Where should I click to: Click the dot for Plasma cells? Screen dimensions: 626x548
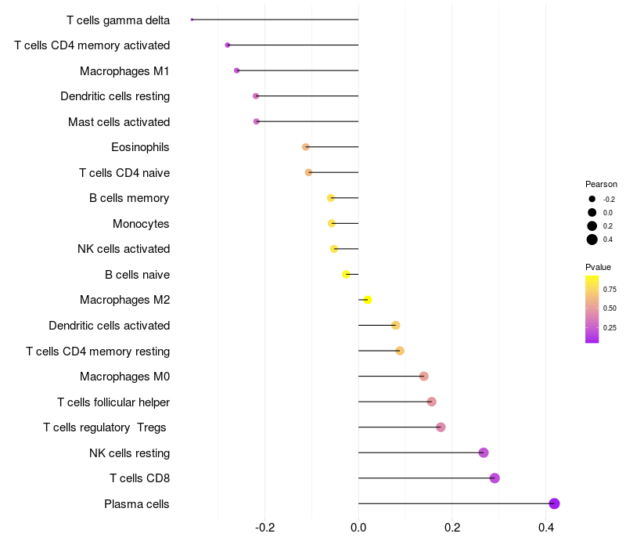point(554,503)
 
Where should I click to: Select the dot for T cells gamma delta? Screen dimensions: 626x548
point(192,20)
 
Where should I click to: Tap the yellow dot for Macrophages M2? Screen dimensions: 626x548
point(368,300)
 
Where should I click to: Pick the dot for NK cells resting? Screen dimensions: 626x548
point(484,452)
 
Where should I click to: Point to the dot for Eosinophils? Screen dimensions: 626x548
point(306,147)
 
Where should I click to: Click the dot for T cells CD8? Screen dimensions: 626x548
point(495,478)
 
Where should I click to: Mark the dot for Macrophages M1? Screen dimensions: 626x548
point(237,70)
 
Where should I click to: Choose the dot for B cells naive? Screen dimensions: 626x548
point(346,275)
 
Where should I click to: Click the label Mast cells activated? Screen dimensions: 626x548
point(119,122)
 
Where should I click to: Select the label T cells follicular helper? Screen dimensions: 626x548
point(113,402)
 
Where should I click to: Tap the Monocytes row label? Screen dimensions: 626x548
point(141,224)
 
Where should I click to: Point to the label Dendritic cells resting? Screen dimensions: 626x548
point(115,96)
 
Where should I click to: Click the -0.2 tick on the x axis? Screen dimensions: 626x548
point(265,528)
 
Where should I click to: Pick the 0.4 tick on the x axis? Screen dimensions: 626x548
point(545,528)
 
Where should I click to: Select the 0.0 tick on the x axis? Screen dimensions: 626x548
point(358,528)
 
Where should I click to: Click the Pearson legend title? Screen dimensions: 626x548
point(601,184)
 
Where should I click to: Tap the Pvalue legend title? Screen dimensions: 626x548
point(598,267)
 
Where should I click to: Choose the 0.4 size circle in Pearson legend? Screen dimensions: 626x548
point(592,240)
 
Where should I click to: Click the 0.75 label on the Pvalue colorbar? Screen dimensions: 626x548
point(610,289)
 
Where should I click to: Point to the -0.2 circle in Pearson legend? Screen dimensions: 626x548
point(592,199)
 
